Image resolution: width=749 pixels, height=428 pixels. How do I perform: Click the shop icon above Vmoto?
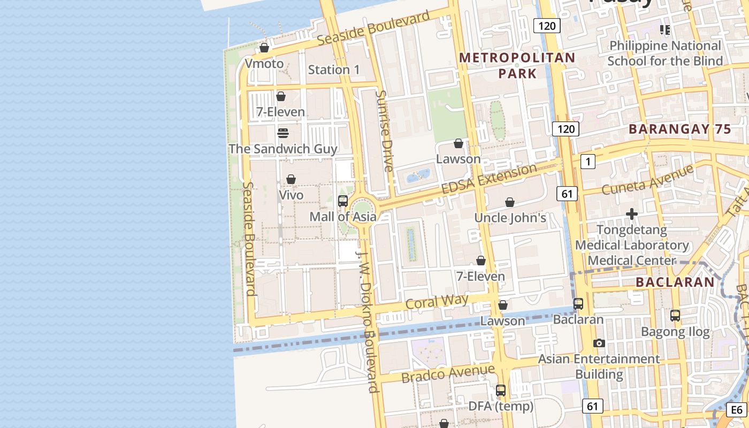pyautogui.click(x=264, y=48)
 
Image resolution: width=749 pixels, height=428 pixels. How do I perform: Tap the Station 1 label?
pyautogui.click(x=334, y=70)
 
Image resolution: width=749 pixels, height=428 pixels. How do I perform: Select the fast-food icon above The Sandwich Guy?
pyautogui.click(x=283, y=133)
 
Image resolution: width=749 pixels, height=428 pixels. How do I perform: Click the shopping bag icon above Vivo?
pyautogui.click(x=291, y=179)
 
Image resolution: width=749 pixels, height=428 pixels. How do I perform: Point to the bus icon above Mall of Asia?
pyautogui.click(x=343, y=201)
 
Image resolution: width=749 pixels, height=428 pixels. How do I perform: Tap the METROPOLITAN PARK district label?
pyautogui.click(x=517, y=65)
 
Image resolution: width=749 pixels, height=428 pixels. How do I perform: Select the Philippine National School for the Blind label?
pyautogui.click(x=665, y=53)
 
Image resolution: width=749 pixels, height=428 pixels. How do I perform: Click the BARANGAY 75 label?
pyautogui.click(x=679, y=129)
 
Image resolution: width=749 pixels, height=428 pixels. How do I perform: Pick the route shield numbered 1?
pyautogui.click(x=588, y=161)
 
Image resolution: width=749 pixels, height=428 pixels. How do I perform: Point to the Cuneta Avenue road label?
pyautogui.click(x=647, y=180)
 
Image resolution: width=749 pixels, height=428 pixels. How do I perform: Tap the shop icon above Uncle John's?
pyautogui.click(x=510, y=202)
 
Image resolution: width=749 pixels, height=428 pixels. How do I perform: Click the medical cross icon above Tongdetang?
pyautogui.click(x=632, y=215)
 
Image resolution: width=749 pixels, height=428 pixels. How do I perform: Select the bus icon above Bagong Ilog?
pyautogui.click(x=675, y=316)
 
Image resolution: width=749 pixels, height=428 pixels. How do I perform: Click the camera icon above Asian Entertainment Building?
pyautogui.click(x=599, y=343)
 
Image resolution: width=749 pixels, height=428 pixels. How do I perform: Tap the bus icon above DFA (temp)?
pyautogui.click(x=501, y=391)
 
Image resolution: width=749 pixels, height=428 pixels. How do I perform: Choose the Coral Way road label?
pyautogui.click(x=437, y=302)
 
